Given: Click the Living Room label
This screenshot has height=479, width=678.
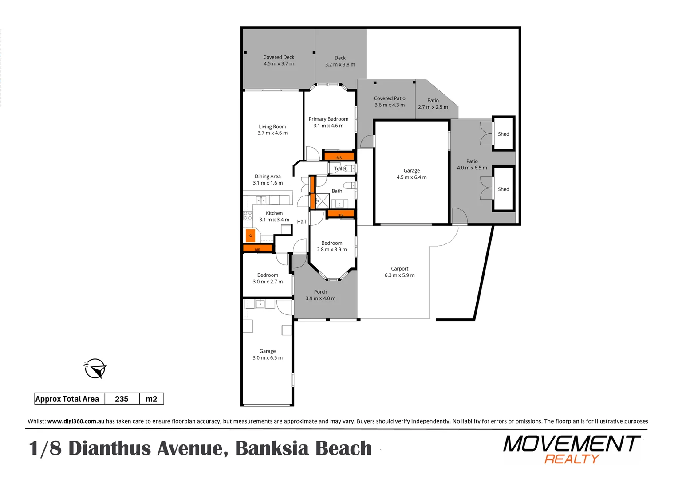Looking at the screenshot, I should coord(272,126).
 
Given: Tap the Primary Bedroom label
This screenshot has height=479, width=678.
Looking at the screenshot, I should coord(328,119).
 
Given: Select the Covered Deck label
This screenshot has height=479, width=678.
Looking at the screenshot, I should coord(279,57).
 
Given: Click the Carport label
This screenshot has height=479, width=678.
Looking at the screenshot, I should coord(399,269).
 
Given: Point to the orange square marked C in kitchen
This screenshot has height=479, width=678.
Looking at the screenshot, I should coord(250,236).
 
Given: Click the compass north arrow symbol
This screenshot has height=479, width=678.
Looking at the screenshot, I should coord(95,369).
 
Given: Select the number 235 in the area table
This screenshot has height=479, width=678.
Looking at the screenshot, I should coord(122,399).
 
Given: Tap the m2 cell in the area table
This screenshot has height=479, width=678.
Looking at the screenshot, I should coord(151,399).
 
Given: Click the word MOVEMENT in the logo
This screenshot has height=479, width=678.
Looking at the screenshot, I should coord(572,444).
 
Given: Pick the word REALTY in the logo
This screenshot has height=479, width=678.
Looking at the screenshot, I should coord(572,459).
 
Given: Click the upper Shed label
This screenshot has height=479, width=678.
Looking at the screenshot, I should coord(503,134).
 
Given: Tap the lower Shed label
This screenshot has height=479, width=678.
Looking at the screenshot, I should coord(503,189).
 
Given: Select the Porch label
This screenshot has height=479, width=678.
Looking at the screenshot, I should coord(320,292).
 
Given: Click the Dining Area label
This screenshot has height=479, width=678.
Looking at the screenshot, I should coord(268,177).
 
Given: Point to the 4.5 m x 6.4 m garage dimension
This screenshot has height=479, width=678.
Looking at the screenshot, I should coord(411,177).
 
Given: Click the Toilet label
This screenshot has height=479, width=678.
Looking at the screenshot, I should coord(340,169).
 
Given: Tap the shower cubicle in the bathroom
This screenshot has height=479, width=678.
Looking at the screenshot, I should coord(322,201).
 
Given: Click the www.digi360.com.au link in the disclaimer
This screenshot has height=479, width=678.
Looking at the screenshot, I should coord(76,421).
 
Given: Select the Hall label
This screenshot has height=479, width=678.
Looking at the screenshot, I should coord(301,222).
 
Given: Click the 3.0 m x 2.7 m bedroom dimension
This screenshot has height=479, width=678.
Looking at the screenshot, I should coord(268,282).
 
